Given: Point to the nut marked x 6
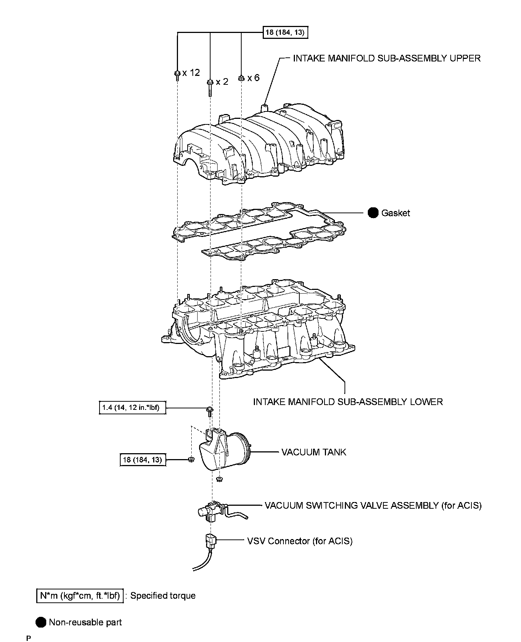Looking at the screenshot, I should point(241,78).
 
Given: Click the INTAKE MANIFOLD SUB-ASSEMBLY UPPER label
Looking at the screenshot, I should point(387,58).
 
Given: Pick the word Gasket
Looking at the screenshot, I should point(396,213).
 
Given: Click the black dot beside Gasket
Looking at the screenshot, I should point(373,213).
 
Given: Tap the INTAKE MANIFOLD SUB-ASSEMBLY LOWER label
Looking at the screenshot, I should point(348,402).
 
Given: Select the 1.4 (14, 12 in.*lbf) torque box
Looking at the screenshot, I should point(132,408).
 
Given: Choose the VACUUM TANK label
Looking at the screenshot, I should point(314,452).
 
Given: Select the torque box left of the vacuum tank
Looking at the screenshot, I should point(142,460).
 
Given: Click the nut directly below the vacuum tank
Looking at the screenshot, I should point(219,479).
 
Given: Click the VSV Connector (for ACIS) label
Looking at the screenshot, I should point(300,541).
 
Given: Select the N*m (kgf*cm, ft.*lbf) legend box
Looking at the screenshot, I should point(80,596).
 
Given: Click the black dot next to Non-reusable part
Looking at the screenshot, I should point(41,622).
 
